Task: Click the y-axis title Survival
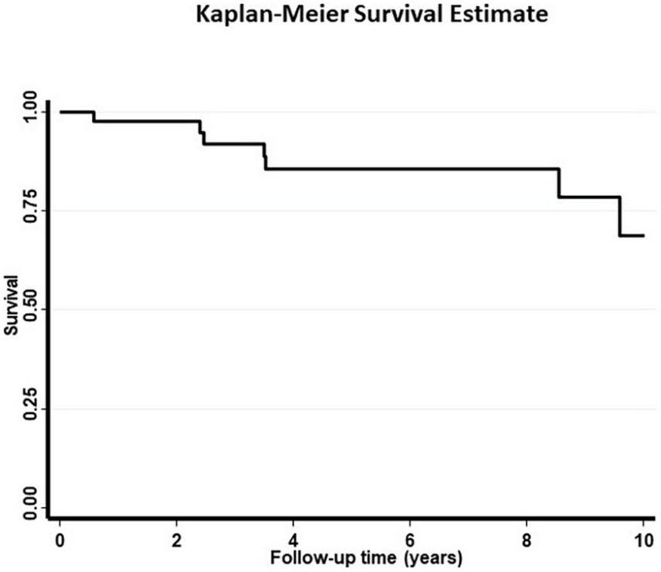[x=10, y=309]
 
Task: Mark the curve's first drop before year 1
[x=94, y=116]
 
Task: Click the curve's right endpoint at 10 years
[x=643, y=235]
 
